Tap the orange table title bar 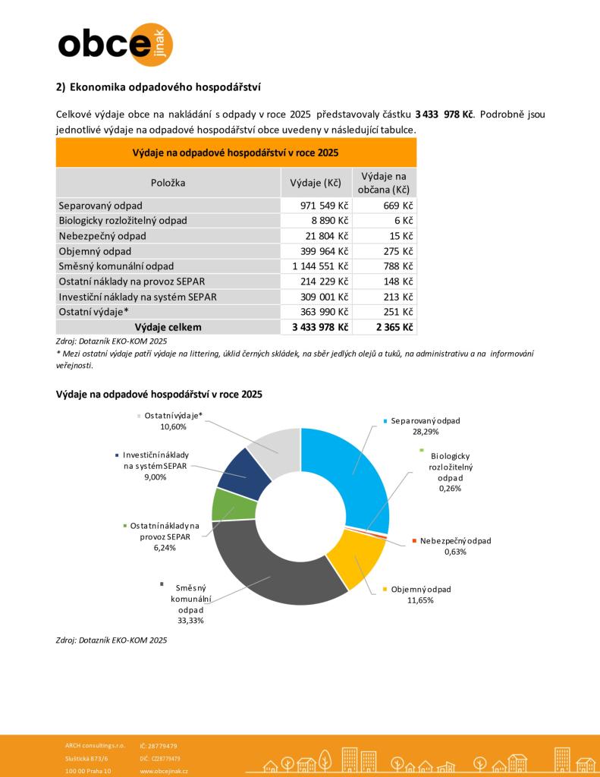pyautogui.click(x=236, y=152)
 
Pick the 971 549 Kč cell pyautogui.click(x=316, y=206)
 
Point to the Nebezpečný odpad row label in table pyautogui.click(x=102, y=236)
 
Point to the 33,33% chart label pyautogui.click(x=190, y=620)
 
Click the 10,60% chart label pyautogui.click(x=174, y=426)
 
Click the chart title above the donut pyautogui.click(x=159, y=395)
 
